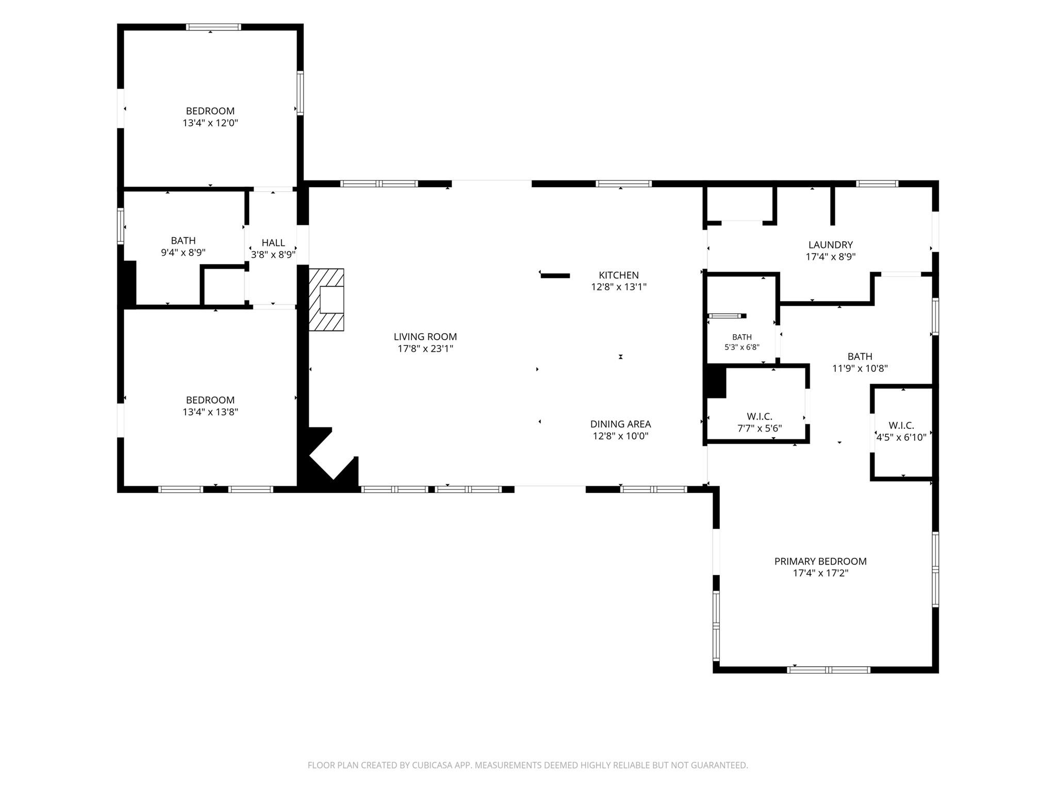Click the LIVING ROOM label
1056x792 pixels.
[x=425, y=337]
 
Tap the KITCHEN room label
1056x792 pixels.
[x=619, y=275]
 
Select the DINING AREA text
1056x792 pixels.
[x=620, y=424]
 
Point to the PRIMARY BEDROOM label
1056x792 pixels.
[x=820, y=562]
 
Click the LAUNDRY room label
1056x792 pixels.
[x=830, y=245]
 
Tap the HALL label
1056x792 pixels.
[x=273, y=243]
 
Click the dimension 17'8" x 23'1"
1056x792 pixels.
[x=425, y=349]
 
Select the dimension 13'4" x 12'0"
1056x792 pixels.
[x=210, y=123]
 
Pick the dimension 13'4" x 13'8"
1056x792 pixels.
[x=210, y=412]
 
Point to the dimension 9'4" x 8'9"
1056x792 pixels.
[x=183, y=253]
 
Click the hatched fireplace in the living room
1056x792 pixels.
[x=326, y=300]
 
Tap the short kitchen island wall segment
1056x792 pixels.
[x=555, y=276]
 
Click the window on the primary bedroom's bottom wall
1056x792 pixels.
[x=829, y=670]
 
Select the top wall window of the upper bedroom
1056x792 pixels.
[x=213, y=27]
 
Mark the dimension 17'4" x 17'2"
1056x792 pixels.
[x=820, y=573]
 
